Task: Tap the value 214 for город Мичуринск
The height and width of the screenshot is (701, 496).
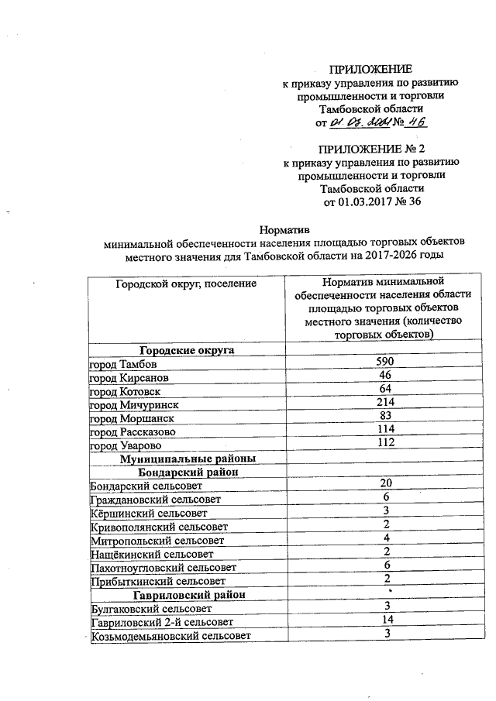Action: click(x=385, y=402)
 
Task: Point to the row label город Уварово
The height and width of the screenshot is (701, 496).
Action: click(x=123, y=443)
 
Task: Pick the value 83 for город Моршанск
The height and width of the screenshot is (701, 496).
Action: click(x=385, y=416)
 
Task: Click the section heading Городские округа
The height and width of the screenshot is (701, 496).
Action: click(x=186, y=350)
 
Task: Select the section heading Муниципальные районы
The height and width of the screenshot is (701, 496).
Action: click(x=186, y=458)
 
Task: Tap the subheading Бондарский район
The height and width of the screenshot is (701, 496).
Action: click(x=186, y=471)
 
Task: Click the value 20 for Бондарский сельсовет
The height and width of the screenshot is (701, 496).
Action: click(x=385, y=483)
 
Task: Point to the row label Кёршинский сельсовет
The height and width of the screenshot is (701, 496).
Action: click(x=149, y=513)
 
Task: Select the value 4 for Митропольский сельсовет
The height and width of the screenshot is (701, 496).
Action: click(x=385, y=538)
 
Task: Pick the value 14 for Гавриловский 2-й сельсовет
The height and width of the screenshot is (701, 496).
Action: click(x=385, y=620)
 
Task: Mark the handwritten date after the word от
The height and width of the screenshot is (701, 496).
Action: click(x=358, y=123)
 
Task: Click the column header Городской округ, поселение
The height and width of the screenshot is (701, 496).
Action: click(x=186, y=284)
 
